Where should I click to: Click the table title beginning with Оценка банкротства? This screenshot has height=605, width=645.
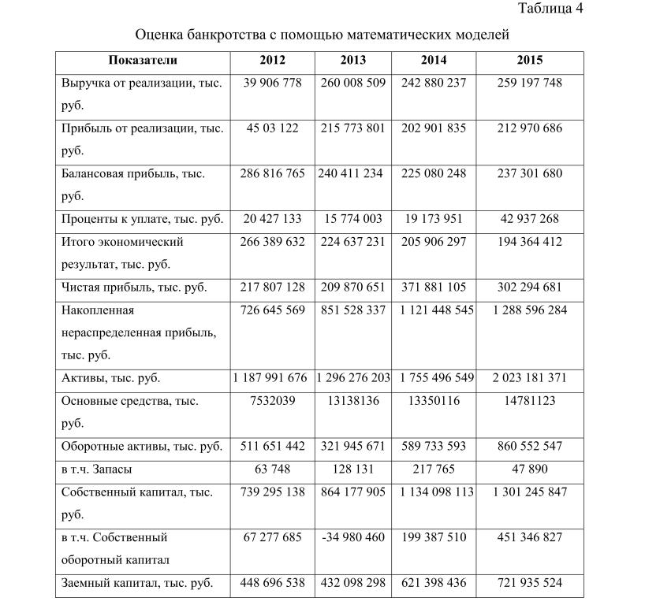(322, 35)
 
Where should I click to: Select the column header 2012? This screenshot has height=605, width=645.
(272, 60)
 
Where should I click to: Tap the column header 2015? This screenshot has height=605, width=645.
(529, 60)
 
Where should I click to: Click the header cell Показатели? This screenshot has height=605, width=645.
(143, 60)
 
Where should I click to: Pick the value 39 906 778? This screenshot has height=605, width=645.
(272, 83)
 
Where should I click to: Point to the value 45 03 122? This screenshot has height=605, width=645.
(272, 128)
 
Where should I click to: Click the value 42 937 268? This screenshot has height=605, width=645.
(529, 218)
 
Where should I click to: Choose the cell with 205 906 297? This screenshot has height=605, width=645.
(433, 241)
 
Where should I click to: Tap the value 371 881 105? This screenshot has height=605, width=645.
(433, 287)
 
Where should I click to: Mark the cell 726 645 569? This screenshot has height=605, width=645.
(272, 310)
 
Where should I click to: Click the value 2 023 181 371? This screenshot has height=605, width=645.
(529, 378)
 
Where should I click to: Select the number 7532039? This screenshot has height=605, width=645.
(272, 401)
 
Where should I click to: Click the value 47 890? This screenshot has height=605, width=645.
(529, 469)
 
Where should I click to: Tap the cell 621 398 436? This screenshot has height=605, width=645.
(433, 583)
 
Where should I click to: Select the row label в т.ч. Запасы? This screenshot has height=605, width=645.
(96, 469)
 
